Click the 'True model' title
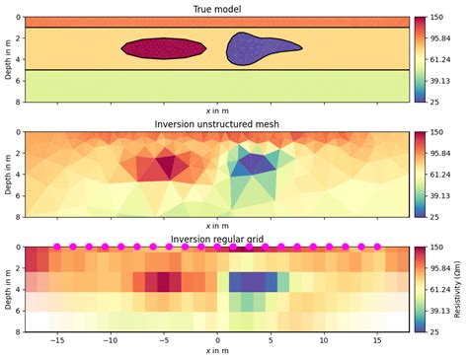[217, 9]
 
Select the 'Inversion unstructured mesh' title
[217, 124]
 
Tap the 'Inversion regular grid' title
[217, 239]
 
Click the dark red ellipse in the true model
[164, 49]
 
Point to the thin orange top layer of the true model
[217, 22]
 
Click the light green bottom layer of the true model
[217, 86]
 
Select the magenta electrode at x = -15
[57, 247]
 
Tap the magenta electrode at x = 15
[377, 247]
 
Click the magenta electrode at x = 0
[217, 247]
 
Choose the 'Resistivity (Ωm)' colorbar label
[457, 289]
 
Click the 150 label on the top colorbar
[436, 17]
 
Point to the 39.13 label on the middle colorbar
[440, 195]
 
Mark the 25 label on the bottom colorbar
[434, 331]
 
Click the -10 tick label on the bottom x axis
[111, 339]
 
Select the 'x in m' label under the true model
[217, 110]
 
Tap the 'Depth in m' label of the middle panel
[8, 175]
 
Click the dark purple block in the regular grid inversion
[253, 282]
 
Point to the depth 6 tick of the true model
[19, 81]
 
